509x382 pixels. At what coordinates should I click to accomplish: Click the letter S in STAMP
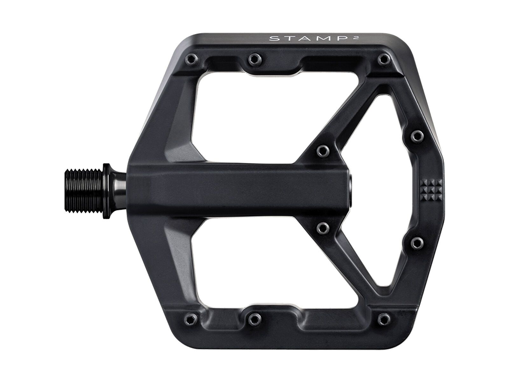(x=272, y=39)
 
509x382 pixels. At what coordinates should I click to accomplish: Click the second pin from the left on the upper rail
(x=253, y=58)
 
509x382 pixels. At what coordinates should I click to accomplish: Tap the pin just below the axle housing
(x=323, y=228)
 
